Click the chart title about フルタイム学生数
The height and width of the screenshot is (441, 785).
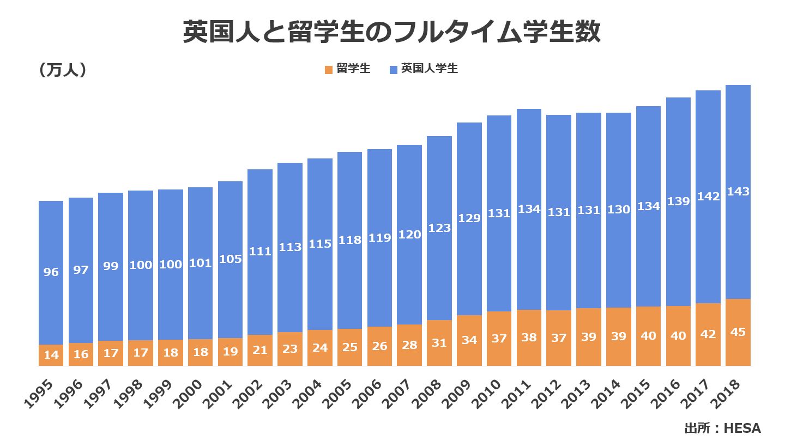(391, 33)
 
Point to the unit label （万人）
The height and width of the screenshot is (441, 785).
(63, 70)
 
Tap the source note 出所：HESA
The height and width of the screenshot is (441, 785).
(722, 428)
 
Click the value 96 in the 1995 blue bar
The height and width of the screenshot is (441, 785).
(51, 272)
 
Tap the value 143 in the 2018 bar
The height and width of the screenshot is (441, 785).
(738, 192)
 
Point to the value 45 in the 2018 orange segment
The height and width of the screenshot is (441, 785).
(738, 332)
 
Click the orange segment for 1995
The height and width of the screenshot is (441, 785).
(51, 355)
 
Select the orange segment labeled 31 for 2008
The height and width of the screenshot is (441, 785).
(439, 343)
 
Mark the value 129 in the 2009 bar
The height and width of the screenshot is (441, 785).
(469, 218)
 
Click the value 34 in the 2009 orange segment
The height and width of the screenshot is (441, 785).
(469, 340)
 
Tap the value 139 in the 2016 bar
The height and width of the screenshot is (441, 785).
(678, 201)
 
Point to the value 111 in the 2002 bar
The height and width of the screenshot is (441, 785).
(260, 252)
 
